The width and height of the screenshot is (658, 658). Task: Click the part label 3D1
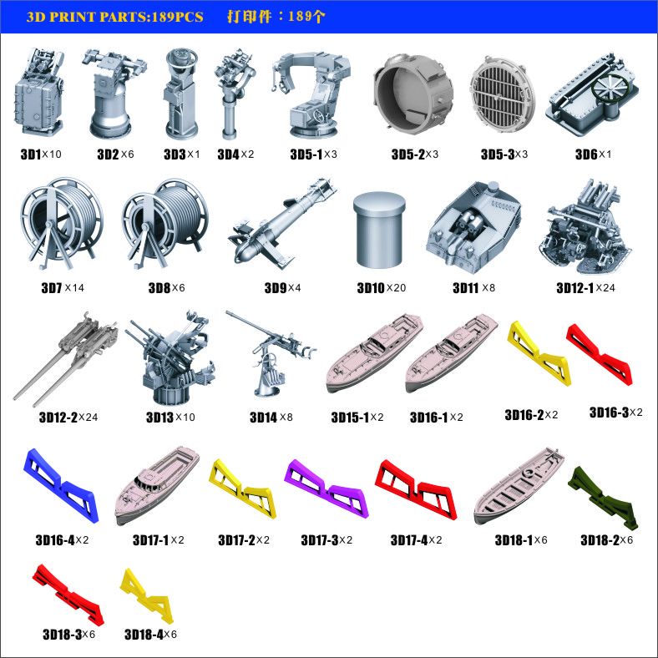(31, 154)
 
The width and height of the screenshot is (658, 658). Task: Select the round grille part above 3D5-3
(503, 94)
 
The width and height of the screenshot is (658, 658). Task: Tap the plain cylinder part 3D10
(379, 229)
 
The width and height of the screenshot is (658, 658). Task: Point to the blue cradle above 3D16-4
(61, 486)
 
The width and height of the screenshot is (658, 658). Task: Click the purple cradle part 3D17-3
(326, 488)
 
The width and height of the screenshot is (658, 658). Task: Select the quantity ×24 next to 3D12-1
(605, 288)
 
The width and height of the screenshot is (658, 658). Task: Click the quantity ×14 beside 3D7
(74, 288)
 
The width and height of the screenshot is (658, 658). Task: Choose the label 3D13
(159, 418)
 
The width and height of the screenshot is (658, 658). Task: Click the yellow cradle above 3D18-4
(147, 596)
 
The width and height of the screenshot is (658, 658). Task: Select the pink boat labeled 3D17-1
(157, 485)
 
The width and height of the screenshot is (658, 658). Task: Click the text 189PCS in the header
(178, 17)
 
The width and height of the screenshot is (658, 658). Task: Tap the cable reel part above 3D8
(165, 224)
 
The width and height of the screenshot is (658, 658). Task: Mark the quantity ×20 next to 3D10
(396, 288)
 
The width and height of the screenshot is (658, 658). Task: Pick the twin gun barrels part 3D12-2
(65, 359)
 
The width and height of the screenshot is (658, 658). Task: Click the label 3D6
(586, 154)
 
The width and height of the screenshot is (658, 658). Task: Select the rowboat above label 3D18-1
(519, 485)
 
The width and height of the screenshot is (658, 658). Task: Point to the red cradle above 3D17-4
(416, 489)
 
